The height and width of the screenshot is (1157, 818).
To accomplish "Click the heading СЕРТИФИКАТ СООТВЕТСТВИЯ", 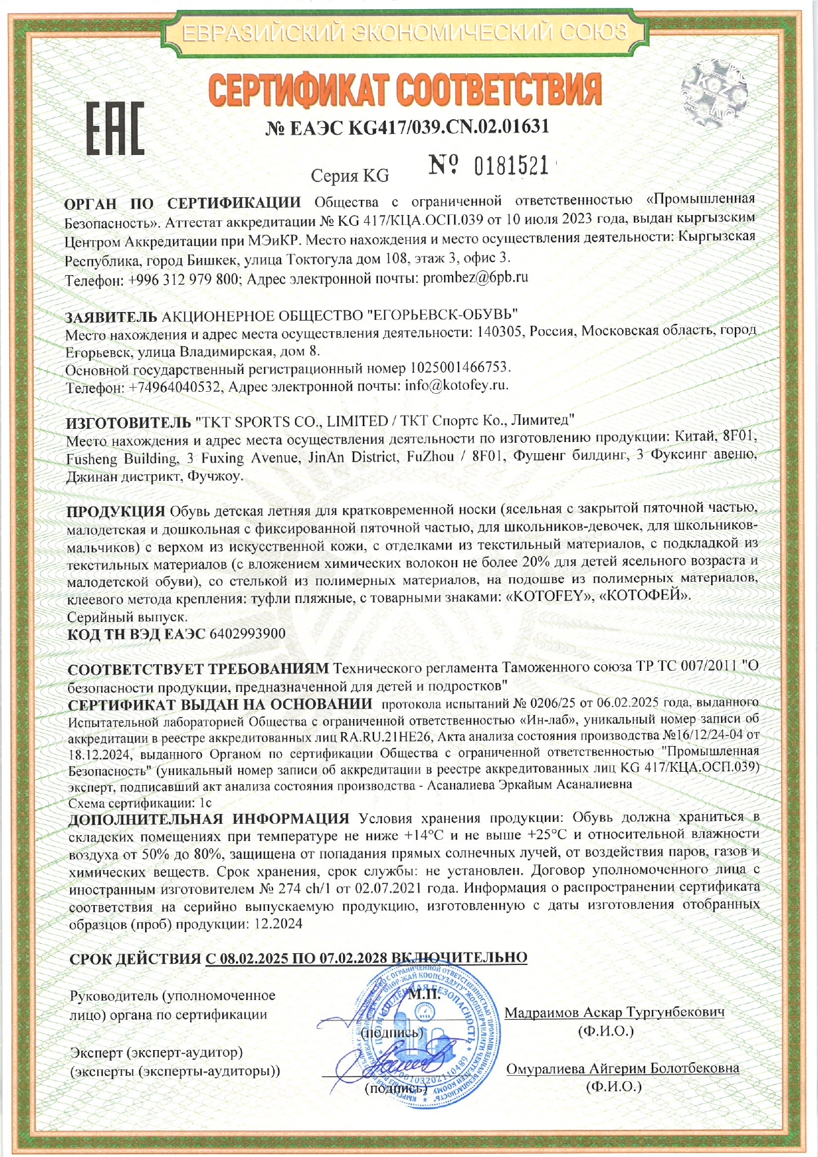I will coord(405,90).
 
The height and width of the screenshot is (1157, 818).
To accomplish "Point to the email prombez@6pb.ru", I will coord(476,278).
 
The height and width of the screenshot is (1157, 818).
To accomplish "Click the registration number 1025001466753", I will coord(460,367).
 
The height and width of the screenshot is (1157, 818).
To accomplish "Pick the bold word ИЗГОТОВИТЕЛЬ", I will coord(128,421).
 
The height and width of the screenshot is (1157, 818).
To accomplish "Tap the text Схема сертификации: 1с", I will coord(139,803).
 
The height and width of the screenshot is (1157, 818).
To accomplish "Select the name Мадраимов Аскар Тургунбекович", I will coord(615,1013).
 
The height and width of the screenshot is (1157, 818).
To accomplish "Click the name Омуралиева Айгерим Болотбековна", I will coord(622,1068).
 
